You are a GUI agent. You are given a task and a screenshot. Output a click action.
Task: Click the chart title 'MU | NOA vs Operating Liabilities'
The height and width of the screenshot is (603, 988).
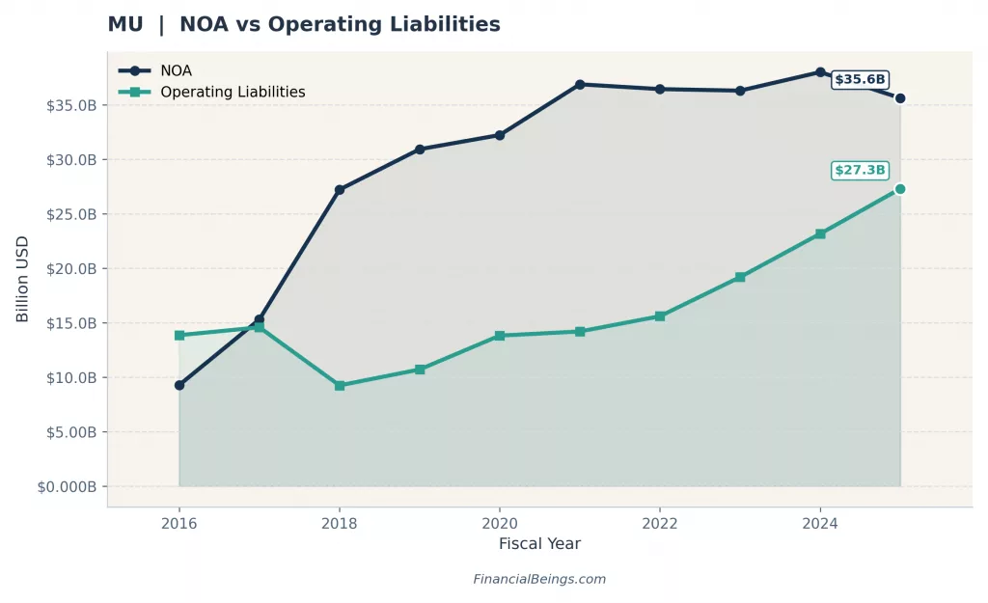304,24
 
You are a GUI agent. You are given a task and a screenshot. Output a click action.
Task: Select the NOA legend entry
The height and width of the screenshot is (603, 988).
176,70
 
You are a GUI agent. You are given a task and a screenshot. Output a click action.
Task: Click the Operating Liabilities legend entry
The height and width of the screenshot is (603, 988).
232,93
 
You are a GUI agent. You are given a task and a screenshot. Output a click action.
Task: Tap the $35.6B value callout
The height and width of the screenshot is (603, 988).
860,80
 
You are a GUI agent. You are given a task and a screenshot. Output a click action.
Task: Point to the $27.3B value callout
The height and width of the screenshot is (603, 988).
860,171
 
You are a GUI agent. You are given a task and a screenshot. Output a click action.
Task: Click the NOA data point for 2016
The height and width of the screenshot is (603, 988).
179,385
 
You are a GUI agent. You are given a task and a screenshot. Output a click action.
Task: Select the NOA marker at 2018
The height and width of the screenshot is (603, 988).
340,190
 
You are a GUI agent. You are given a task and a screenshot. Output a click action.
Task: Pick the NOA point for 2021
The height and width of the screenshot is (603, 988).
580,85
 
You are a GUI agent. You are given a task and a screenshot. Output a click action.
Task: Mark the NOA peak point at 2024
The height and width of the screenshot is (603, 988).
820,72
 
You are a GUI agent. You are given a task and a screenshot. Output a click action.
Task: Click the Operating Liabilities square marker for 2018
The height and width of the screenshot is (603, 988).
340,385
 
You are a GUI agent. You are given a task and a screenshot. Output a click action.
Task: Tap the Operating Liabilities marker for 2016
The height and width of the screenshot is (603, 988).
179,335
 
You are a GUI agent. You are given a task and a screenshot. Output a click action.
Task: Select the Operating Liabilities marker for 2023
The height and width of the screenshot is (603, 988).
740,277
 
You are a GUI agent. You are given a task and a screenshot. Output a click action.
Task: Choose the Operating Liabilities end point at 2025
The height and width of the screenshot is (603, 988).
900,189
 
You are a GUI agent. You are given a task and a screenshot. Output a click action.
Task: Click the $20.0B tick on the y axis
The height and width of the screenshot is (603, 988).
70,268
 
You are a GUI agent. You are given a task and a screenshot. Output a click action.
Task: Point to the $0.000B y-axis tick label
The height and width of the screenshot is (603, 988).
67,486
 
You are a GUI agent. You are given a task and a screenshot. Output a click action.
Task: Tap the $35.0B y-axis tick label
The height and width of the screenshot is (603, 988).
70,105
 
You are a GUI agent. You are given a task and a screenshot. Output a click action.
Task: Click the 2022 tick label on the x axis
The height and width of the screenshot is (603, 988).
660,524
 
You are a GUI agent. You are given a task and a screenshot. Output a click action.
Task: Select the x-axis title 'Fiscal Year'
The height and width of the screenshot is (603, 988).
539,544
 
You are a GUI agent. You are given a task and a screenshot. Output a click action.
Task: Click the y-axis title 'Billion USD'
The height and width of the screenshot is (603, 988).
23,280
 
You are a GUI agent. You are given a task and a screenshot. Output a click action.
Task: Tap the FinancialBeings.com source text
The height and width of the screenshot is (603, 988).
539,580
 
